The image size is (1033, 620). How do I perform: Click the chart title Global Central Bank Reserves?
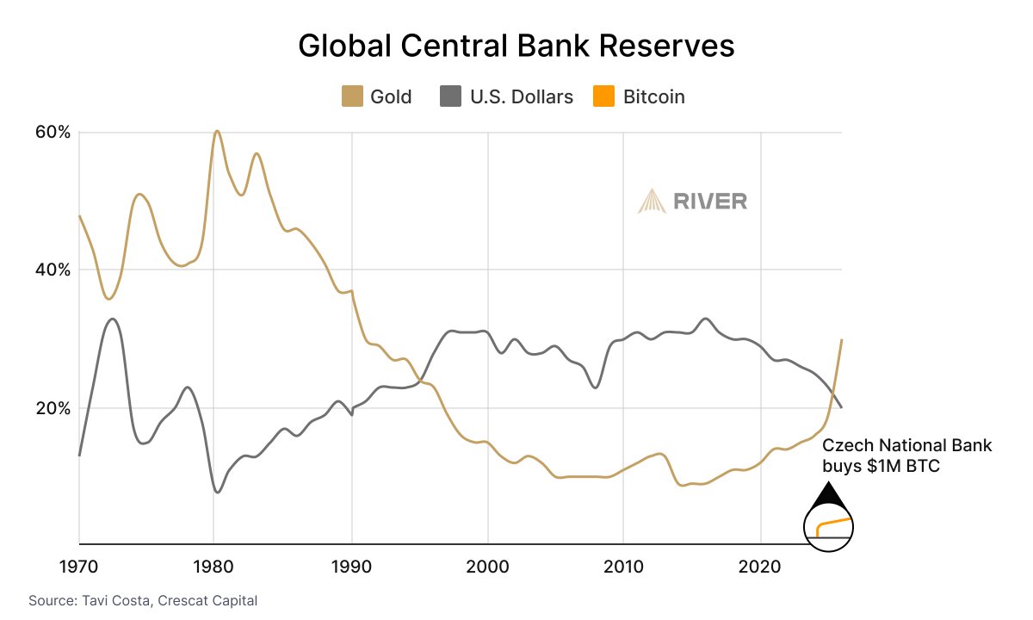(516, 46)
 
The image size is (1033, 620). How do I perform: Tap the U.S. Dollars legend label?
(521, 96)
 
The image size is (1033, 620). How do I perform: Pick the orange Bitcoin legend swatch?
(605, 96)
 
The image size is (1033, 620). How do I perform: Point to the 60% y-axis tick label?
(52, 133)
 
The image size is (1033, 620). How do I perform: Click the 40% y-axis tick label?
(52, 270)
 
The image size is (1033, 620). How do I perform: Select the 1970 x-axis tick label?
(79, 568)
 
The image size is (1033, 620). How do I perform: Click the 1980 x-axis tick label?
(215, 568)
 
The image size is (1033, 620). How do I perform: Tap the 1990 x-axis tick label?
(352, 568)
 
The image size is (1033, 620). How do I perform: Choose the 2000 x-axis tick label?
(488, 568)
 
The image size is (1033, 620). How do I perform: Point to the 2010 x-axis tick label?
(624, 568)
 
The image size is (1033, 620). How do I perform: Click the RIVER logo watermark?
(693, 201)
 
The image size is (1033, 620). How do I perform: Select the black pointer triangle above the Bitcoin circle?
(827, 494)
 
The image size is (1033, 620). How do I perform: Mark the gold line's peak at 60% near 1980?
(217, 131)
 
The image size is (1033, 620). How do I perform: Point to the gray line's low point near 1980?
(217, 493)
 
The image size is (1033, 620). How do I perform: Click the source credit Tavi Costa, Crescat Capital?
(143, 599)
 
